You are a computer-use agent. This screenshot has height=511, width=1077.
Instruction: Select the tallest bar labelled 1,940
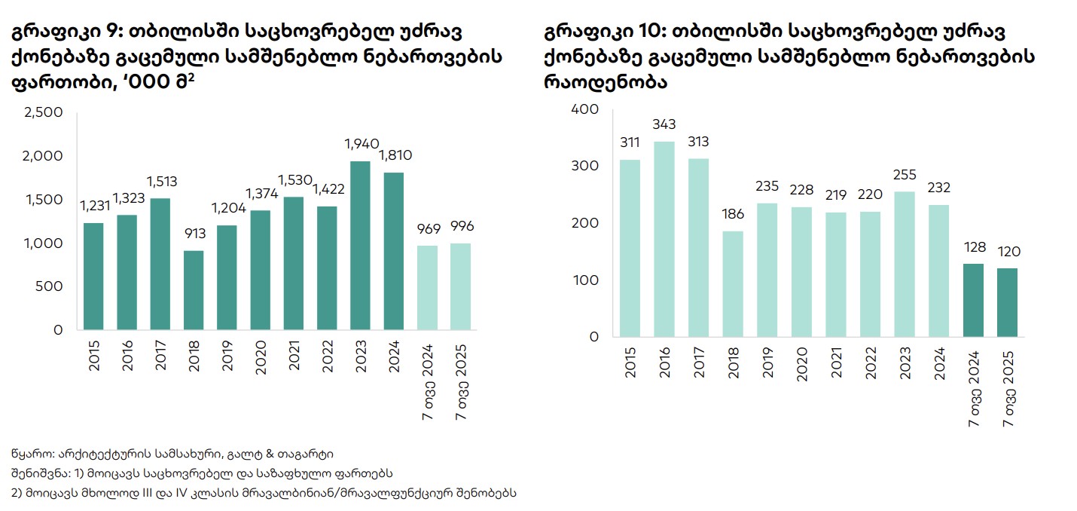point(361,245)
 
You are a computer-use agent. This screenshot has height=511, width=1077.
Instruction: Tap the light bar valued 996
point(460,286)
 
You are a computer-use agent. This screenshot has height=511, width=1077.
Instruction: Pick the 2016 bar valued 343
point(664,239)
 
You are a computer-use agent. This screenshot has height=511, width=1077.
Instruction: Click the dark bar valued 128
point(973,300)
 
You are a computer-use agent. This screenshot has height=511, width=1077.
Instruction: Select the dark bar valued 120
point(1007,302)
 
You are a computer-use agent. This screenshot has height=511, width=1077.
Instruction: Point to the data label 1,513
point(161,181)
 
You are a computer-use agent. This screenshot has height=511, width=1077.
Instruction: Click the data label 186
point(732,214)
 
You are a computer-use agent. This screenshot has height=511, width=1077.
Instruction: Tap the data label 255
point(905,175)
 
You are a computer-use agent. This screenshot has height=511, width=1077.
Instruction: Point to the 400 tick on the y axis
point(585,109)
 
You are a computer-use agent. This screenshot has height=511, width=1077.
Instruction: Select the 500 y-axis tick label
point(50,286)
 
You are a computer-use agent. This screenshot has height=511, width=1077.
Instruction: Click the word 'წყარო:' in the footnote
point(30,454)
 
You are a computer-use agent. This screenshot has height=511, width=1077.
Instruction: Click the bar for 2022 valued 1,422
point(328,268)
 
